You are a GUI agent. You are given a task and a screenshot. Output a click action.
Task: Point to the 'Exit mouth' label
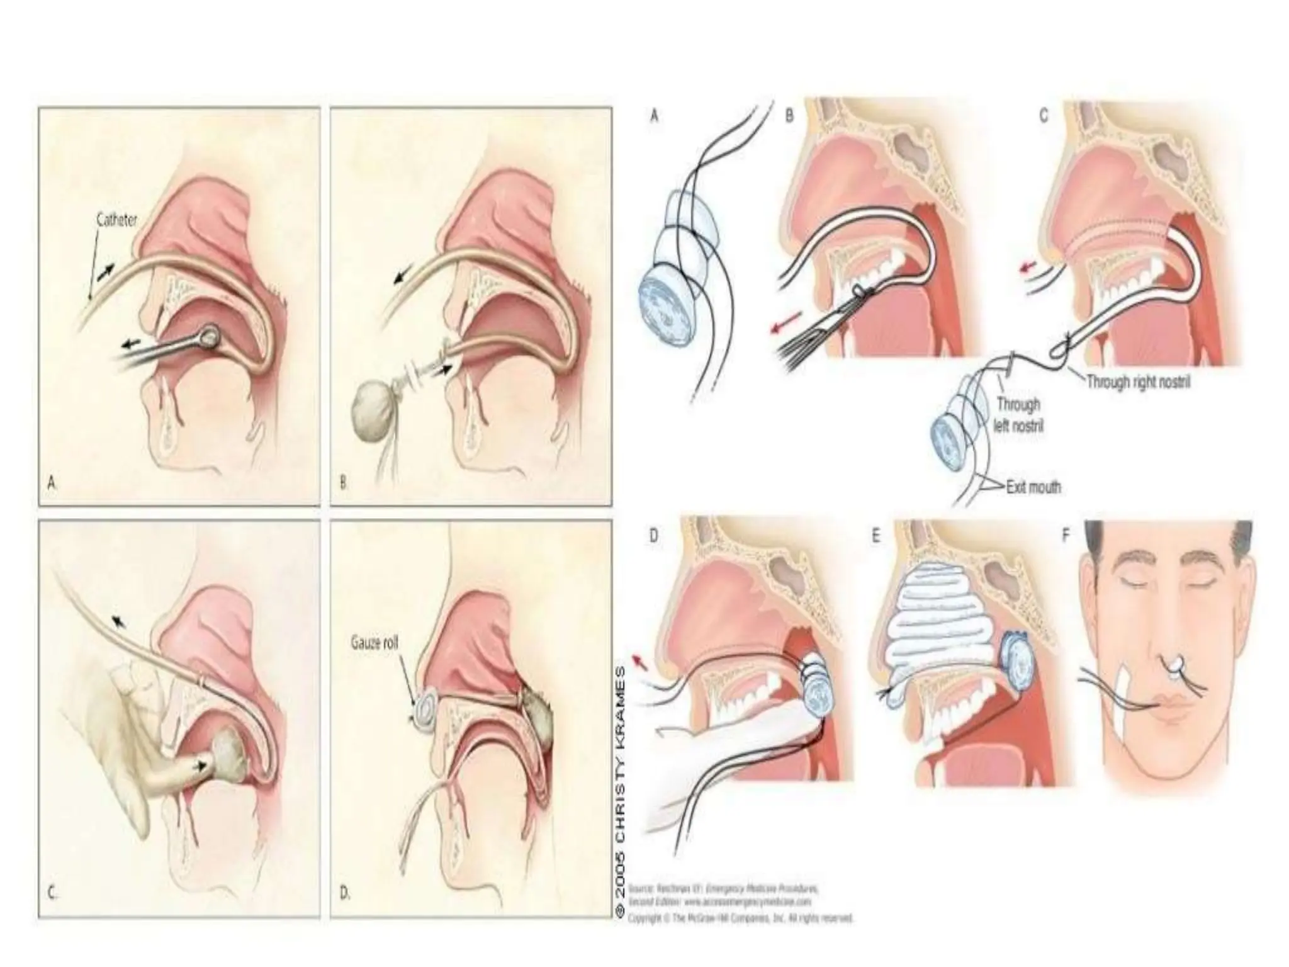[1033, 487]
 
